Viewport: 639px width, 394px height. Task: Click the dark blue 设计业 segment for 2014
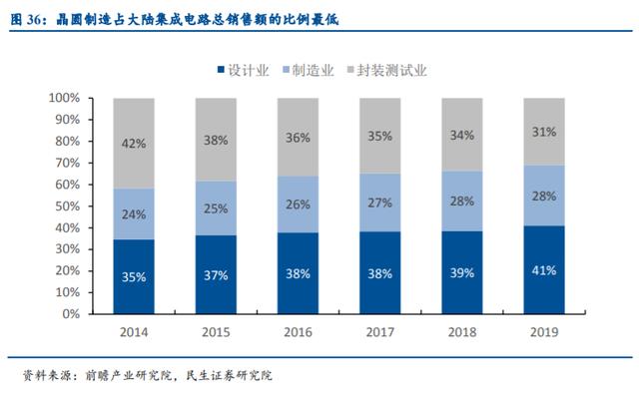(x=134, y=276)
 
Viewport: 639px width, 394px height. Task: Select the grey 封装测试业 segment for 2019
(x=544, y=132)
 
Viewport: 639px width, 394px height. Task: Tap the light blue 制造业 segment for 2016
(x=298, y=204)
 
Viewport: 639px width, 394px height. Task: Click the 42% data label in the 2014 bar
(x=134, y=144)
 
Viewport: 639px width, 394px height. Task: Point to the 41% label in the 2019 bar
(x=544, y=270)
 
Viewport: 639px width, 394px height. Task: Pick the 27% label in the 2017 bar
(x=379, y=202)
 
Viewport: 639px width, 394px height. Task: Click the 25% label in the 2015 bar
(x=216, y=208)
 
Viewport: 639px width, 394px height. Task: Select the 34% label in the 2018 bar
(x=462, y=135)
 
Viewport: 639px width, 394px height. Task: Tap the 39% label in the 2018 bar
(x=462, y=272)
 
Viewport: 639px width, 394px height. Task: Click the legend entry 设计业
(x=244, y=71)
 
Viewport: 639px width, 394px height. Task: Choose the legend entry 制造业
(x=309, y=71)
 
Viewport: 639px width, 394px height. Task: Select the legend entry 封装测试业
(x=386, y=71)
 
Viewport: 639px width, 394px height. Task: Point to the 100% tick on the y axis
(x=64, y=98)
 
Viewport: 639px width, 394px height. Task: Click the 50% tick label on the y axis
(x=68, y=205)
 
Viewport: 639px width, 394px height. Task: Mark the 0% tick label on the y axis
(x=71, y=314)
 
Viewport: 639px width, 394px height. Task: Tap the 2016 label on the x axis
(x=298, y=332)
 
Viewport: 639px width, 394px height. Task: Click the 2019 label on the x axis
(x=544, y=332)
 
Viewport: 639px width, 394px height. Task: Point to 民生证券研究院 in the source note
(x=229, y=375)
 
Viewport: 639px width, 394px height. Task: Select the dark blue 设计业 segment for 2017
(x=379, y=272)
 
